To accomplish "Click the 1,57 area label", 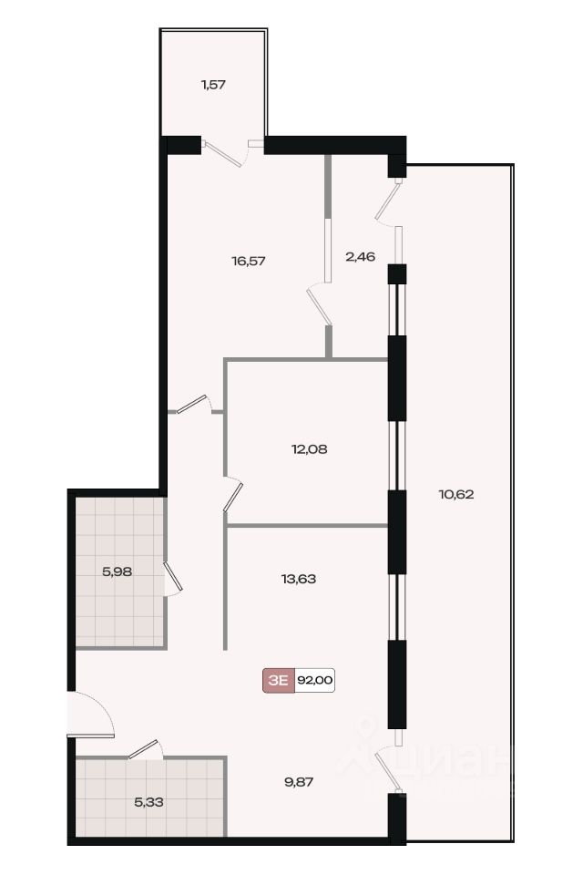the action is coord(213,85).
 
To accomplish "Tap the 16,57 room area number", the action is coord(249,261).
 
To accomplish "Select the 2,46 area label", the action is coord(361,257).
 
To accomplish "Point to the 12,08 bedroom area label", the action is coord(309,448).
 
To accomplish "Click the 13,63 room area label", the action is coord(299,580).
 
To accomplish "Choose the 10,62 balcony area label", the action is coord(456,494).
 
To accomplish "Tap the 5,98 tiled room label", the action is coord(118,571).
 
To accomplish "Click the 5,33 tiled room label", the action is coord(149,802).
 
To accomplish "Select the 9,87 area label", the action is coord(299,782).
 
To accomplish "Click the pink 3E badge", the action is coord(279,680).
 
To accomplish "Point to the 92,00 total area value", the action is coord(314,680).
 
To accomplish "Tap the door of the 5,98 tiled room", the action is coord(173,577).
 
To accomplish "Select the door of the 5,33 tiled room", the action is coord(145,749).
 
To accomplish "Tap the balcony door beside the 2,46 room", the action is coord(388,201).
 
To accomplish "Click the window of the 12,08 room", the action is coord(396,456).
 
